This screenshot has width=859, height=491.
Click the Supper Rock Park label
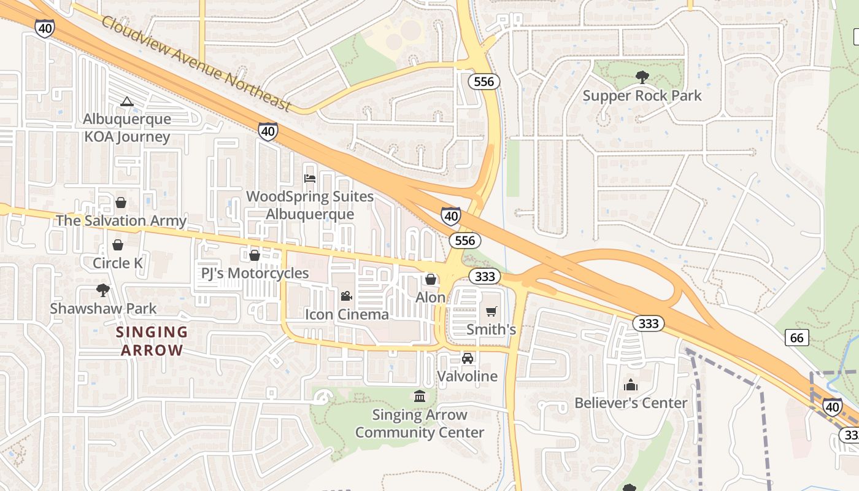point(642,96)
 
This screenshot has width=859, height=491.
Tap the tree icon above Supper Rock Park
point(642,77)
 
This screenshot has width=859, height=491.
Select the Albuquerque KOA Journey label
point(127,128)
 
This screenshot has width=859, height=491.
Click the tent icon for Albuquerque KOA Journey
point(127,101)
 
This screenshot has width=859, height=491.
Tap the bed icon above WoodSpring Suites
point(310,179)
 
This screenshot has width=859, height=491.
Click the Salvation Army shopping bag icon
point(121,203)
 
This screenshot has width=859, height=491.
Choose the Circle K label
point(118,263)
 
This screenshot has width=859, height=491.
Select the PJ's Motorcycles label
point(255,273)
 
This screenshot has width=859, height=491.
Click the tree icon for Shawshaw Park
point(103,290)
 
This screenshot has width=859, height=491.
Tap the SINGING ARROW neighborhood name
point(152,341)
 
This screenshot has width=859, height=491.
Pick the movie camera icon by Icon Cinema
point(347,296)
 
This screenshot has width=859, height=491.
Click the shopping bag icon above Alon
point(431,279)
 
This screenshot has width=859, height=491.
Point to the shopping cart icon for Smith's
point(491,311)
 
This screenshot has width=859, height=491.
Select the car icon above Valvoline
point(468,358)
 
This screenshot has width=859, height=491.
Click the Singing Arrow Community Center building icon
point(420,396)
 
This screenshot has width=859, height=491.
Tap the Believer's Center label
point(631,403)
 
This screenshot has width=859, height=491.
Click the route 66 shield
point(796,337)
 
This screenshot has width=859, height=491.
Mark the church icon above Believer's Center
point(631,385)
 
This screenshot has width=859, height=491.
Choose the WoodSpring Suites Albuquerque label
point(310,205)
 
